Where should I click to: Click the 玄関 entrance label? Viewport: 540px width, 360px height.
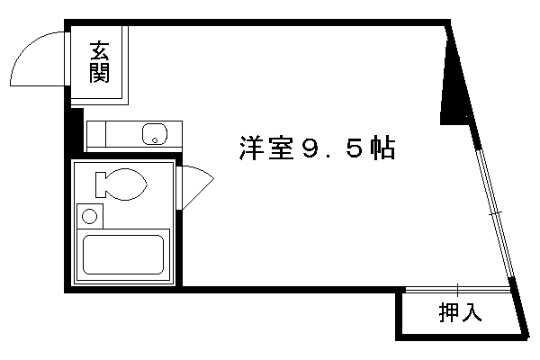coord(99,62)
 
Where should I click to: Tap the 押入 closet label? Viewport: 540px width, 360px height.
coord(460,312)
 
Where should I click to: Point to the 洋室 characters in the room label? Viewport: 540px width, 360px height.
coord(266,148)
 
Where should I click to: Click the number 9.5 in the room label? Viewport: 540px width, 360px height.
coord(331,148)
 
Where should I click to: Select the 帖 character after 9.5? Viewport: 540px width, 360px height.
coord(382,148)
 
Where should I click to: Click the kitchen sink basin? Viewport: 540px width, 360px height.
coord(155,134)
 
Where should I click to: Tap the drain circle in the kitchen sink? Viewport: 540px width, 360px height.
coord(155,140)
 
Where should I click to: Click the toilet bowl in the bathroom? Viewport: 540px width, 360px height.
coord(126,184)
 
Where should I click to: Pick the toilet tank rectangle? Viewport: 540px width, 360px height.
coord(101,184)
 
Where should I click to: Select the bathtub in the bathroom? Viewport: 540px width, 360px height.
coord(123,255)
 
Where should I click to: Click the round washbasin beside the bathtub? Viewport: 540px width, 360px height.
coord(89,217)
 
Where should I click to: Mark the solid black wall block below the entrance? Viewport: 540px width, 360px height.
coord(77,130)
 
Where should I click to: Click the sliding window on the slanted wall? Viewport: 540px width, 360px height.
coord(495,213)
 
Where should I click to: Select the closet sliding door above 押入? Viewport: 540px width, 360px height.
coord(457,290)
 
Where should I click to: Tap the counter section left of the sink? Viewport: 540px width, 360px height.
coord(96,134)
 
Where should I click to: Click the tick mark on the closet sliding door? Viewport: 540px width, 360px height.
coord(458,290)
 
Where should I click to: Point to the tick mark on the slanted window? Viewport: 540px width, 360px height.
coord(496,213)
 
